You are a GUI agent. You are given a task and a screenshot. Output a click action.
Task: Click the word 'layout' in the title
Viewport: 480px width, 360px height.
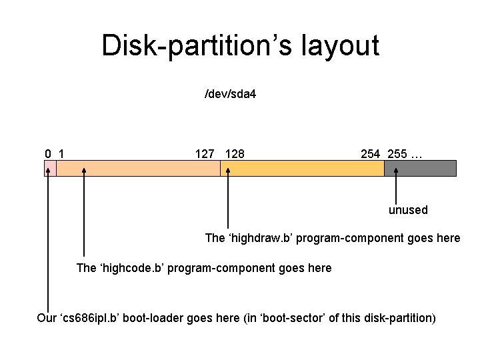pos(341,46)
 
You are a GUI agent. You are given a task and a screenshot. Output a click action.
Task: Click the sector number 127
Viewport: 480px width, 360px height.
pos(205,154)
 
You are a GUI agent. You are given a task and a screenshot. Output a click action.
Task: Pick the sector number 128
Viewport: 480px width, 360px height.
pos(235,154)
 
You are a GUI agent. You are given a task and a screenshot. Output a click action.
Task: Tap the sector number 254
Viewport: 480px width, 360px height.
pos(371,154)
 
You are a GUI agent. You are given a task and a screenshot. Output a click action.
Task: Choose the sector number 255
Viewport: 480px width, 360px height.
pos(397,154)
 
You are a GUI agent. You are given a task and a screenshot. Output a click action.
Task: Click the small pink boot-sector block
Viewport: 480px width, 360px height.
pos(50,168)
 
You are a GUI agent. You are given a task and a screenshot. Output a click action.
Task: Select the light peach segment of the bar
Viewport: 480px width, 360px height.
pos(138,168)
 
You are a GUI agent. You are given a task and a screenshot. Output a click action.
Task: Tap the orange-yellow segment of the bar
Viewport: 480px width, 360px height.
pos(302,168)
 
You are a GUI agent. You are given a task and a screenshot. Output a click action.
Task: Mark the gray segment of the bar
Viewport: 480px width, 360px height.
pos(421,168)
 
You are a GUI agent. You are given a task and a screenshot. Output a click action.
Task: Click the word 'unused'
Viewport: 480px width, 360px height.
pos(408,210)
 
